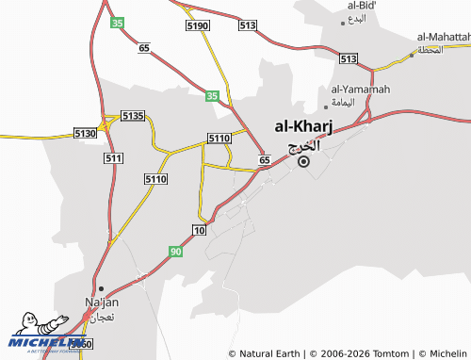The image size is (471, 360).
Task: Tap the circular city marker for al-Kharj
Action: pyautogui.click(x=303, y=161)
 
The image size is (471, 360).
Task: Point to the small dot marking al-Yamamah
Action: pyautogui.click(x=326, y=105)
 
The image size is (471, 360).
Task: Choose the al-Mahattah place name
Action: pyautogui.click(x=442, y=38)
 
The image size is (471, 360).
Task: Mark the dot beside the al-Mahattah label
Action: pyautogui.click(x=412, y=55)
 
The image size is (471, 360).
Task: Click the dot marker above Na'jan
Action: pyautogui.click(x=101, y=288)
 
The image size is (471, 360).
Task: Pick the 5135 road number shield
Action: pyautogui.click(x=133, y=116)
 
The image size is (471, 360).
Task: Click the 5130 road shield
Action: pyautogui.click(x=85, y=135)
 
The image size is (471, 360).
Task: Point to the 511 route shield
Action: pyautogui.click(x=113, y=157)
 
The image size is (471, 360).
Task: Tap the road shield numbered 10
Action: pyautogui.click(x=199, y=230)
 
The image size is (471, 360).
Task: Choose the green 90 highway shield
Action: pyautogui.click(x=176, y=251)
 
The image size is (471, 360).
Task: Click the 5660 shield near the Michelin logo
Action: pyautogui.click(x=81, y=345)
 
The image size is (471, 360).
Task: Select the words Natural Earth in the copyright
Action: pyautogui.click(x=267, y=353)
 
